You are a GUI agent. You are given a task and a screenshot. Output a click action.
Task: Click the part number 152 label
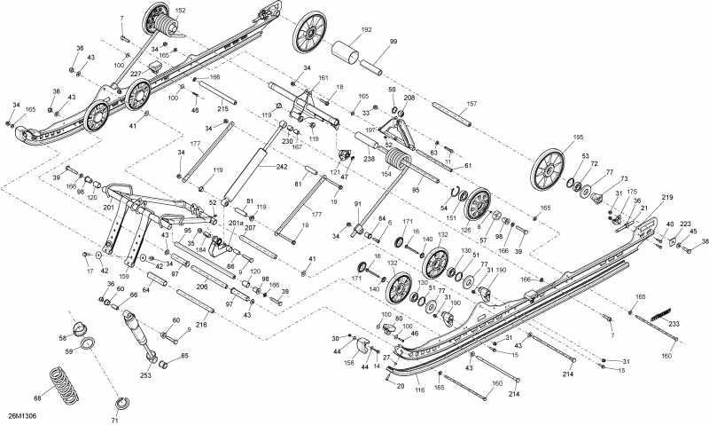coord(181,11)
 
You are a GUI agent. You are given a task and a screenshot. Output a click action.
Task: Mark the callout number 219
coord(667,197)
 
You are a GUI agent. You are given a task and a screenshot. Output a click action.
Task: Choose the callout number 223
coord(685,224)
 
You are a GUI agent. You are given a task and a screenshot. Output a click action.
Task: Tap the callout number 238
coord(369,159)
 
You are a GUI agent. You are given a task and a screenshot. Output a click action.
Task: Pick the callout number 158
coord(348,362)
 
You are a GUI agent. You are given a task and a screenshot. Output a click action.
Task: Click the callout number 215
coord(222,109)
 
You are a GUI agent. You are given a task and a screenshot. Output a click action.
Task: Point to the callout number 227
coord(136,74)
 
